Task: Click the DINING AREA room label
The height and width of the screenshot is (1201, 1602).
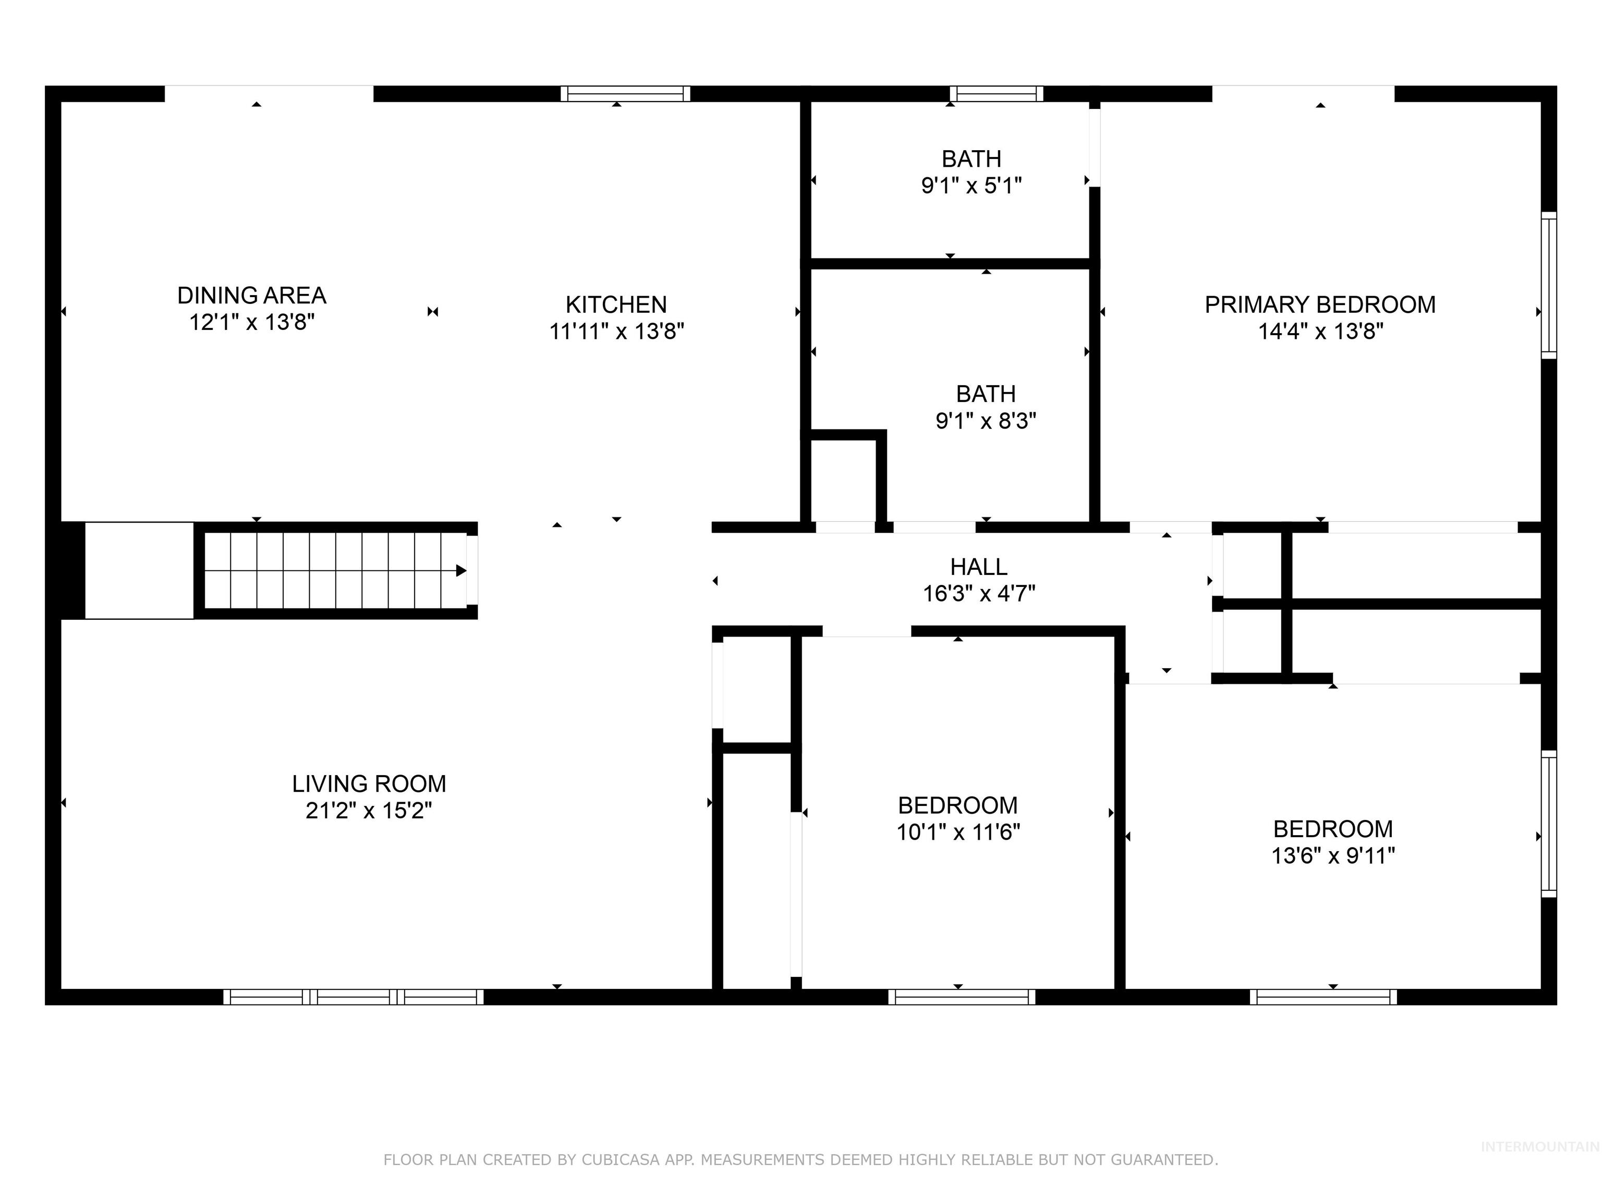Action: (251, 296)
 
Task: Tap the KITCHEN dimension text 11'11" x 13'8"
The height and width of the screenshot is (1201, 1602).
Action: (616, 332)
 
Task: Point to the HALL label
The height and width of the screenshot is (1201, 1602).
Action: (978, 566)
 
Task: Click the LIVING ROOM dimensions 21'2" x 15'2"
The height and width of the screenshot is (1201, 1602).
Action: (369, 810)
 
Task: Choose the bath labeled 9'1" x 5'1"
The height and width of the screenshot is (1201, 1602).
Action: (971, 171)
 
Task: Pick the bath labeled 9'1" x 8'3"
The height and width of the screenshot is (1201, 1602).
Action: (986, 407)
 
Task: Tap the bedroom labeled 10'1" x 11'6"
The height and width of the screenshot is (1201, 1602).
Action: (957, 818)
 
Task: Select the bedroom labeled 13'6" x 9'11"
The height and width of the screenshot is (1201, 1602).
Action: (1332, 842)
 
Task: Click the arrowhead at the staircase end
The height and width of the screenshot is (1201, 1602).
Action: (460, 570)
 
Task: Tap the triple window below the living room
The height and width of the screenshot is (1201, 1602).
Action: (354, 997)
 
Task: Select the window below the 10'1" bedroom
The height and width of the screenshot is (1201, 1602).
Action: (962, 997)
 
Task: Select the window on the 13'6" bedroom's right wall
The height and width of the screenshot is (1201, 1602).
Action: (1548, 824)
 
